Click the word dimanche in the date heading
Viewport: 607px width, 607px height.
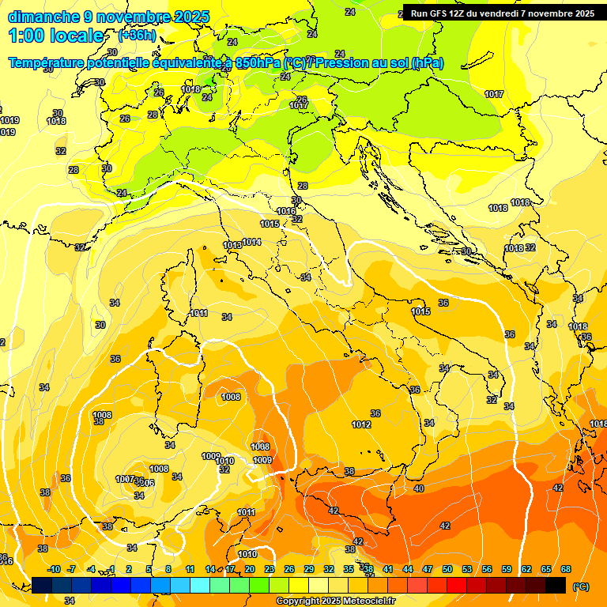click(43, 17)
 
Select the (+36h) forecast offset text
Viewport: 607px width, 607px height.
click(137, 36)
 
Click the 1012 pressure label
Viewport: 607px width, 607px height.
click(361, 425)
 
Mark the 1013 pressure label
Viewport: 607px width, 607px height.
click(232, 246)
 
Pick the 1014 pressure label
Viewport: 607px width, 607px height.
click(251, 242)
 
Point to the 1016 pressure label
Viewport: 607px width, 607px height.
click(287, 212)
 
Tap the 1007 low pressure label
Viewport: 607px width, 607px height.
click(125, 480)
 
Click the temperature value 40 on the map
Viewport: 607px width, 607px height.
click(418, 489)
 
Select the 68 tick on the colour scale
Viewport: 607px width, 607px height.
click(566, 569)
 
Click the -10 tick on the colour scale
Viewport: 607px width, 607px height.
click(54, 569)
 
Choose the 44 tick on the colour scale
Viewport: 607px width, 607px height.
click(408, 569)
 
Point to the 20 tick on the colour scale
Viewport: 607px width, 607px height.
click(250, 569)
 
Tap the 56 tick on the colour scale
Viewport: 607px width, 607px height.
click(487, 569)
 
